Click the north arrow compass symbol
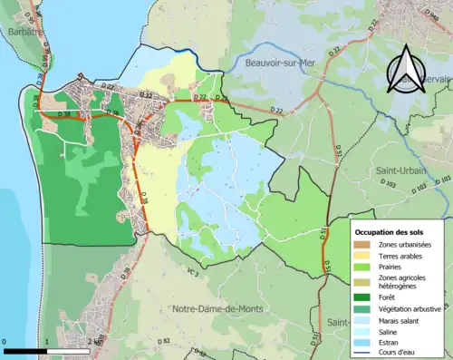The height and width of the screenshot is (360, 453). click(x=409, y=69)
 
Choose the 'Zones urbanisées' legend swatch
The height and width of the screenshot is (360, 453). click(x=363, y=245)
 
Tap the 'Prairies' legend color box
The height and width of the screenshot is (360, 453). click(x=363, y=269)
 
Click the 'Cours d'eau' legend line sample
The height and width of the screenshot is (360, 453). click(x=363, y=355)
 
